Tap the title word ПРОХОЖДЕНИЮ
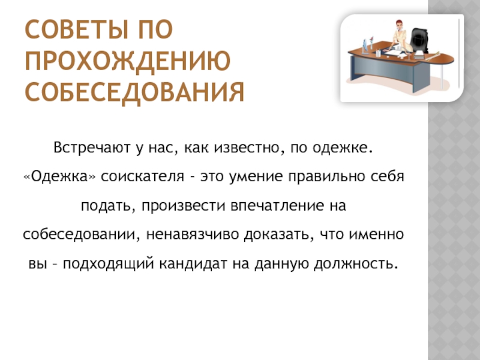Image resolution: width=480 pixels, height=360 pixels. pos(127,61)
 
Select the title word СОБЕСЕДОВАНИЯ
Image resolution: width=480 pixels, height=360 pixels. pos(134,92)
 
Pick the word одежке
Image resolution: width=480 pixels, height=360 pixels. pos(343,148)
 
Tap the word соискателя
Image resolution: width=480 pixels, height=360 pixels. pos(143,176)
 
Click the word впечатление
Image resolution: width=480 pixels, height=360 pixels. pos(277,206)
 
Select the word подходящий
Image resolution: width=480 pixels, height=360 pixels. pos(108,264)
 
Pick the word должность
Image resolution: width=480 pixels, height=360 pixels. pos(356,263)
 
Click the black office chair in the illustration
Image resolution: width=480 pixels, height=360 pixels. pos(419,40)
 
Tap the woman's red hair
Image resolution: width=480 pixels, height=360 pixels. pos(399,23)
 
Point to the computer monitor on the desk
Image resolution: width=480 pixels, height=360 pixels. pos(365,47)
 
